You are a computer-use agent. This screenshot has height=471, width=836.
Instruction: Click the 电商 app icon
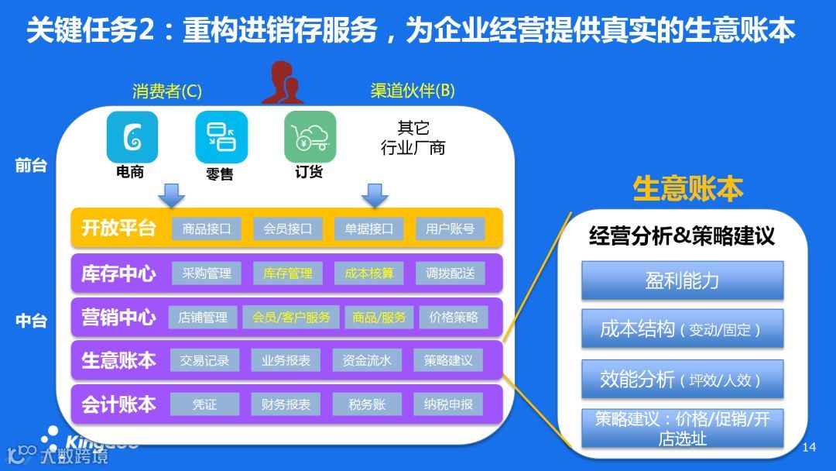[x=132, y=137]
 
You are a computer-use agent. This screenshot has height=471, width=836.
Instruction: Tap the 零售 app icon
[x=221, y=137]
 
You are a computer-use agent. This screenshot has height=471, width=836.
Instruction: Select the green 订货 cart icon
[x=310, y=137]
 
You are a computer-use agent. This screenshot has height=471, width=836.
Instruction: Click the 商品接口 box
[x=207, y=229]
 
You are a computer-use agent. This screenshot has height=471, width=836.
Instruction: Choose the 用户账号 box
[x=450, y=229]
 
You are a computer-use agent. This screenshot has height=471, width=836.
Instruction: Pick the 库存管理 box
[x=288, y=273]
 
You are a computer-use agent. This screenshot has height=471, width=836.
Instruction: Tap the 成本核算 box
[x=369, y=273]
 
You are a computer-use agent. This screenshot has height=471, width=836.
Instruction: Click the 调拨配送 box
[x=450, y=273]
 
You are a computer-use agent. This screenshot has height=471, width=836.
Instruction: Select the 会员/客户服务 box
[x=291, y=317]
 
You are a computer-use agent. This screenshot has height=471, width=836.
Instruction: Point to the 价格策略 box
[x=454, y=317]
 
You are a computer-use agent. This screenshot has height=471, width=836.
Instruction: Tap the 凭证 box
[x=204, y=404]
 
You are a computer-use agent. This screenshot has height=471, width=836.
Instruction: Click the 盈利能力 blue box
[x=682, y=280]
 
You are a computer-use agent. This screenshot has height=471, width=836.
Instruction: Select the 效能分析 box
[x=682, y=380]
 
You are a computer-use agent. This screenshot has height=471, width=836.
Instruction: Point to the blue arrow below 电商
[x=171, y=194]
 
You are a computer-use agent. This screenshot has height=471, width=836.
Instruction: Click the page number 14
[x=810, y=447]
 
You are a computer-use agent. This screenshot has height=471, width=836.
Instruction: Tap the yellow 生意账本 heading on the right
[x=687, y=188]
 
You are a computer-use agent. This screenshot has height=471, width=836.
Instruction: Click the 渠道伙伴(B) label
[x=413, y=91]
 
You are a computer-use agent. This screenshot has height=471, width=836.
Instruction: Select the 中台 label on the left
[x=31, y=321]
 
